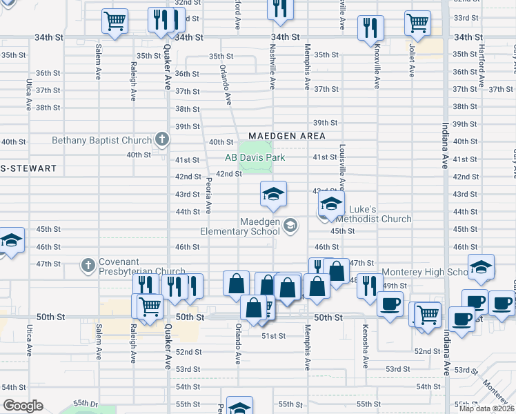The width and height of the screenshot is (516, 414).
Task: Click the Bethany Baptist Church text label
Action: (101, 141)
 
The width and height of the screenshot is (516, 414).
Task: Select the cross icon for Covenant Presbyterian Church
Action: (88, 264)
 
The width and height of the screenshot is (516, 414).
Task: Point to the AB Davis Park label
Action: (255, 157)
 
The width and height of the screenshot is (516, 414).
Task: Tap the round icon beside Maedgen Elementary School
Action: (291, 224)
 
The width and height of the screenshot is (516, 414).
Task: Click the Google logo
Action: (23, 405)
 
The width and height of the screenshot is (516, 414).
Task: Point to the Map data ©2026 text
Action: (487, 408)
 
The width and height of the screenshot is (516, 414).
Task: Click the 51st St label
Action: (273, 336)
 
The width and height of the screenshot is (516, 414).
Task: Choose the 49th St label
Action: (395, 286)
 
